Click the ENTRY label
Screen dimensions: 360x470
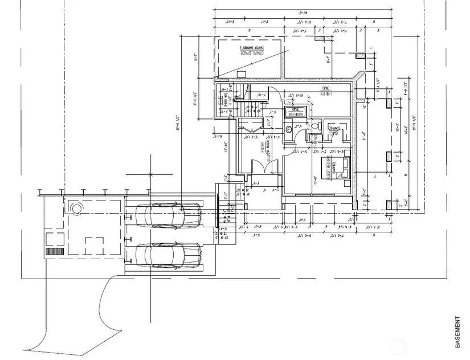(x=263, y=146)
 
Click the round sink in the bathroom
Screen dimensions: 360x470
(x=288, y=130)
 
